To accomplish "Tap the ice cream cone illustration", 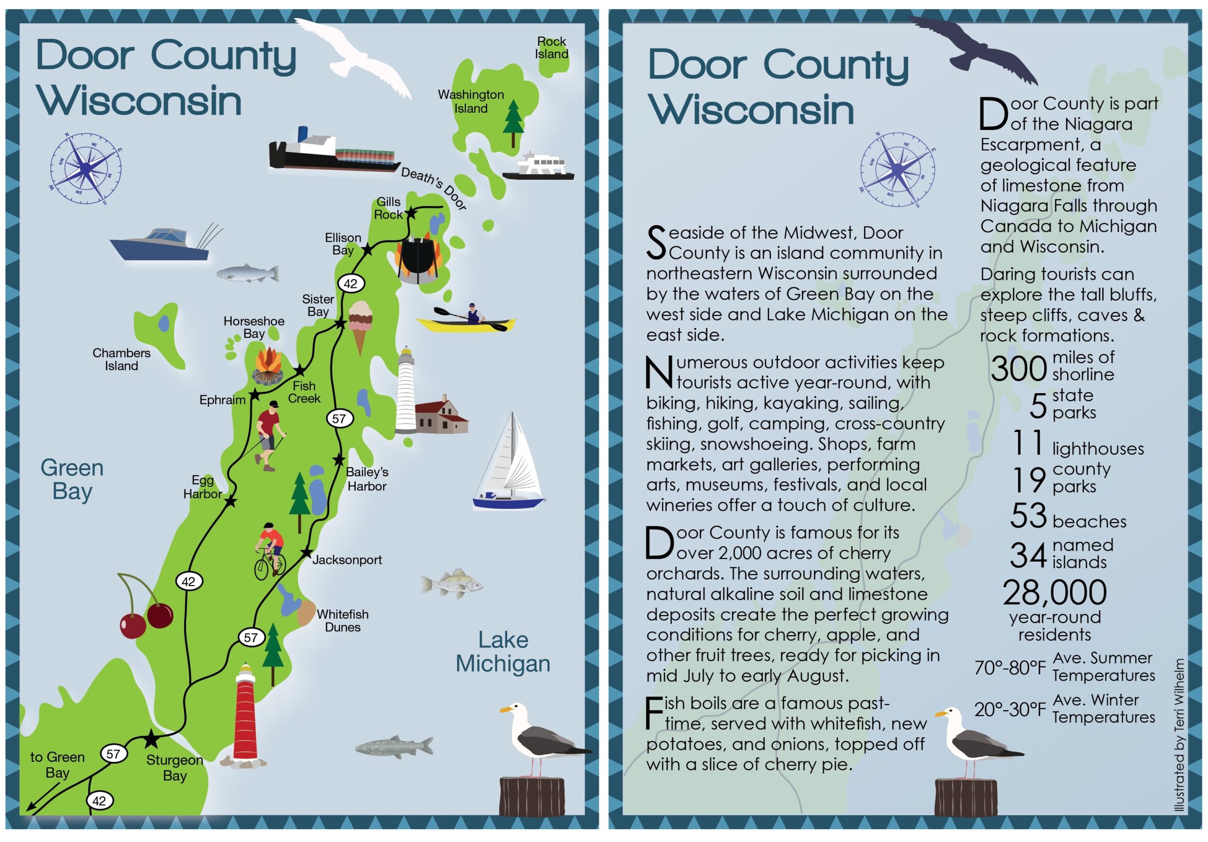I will click(361, 326).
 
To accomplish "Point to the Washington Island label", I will click(471, 101).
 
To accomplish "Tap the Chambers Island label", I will click(122, 360).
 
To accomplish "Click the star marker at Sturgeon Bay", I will click(151, 739).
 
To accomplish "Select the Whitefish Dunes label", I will click(343, 621).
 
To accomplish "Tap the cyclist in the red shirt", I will click(270, 550).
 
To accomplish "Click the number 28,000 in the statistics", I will click(1054, 593).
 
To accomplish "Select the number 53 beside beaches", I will click(1029, 516).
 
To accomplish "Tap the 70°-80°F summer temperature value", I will click(1010, 668).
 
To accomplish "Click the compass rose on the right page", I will click(898, 169).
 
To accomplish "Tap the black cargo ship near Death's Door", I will click(333, 152).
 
